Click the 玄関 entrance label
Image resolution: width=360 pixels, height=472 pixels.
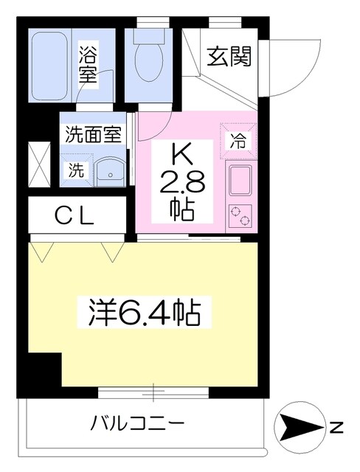(229, 56)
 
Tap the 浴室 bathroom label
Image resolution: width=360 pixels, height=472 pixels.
(87, 65)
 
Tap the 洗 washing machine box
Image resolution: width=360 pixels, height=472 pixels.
(77, 169)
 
